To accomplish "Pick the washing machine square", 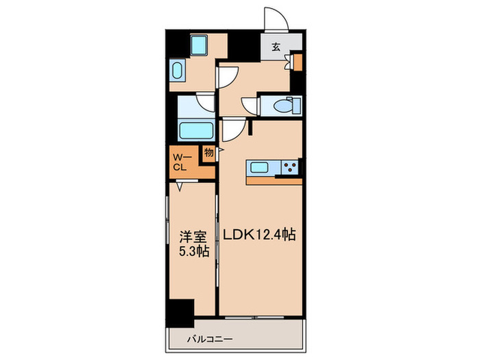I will (200, 46).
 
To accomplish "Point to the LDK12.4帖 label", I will (259, 235).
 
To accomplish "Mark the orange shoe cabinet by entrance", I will (298, 62).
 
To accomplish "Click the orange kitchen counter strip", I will (274, 181).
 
